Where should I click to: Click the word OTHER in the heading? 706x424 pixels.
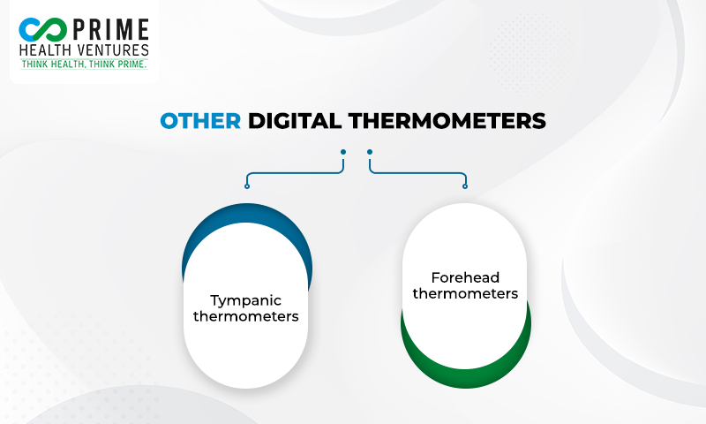point(200,121)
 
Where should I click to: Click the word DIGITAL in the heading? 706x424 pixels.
point(295,121)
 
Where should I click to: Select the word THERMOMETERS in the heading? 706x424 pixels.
point(447,121)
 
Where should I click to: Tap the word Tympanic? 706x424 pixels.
point(246,301)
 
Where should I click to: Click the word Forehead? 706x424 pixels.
point(465,277)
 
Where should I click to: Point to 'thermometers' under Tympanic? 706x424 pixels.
point(246,316)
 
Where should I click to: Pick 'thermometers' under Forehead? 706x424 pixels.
point(465,293)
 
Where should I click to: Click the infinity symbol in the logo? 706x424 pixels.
point(42,30)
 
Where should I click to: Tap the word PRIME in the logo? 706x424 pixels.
point(111,30)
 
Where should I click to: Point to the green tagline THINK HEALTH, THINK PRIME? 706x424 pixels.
point(84,64)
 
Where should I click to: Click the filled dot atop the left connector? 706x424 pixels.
point(343,152)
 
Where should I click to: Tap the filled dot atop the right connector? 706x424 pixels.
point(370,152)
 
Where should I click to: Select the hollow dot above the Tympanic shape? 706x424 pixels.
point(247,186)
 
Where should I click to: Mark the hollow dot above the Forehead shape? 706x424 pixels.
point(465,186)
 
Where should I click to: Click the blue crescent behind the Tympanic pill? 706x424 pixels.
point(247,213)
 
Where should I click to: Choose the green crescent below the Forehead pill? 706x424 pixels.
point(466,377)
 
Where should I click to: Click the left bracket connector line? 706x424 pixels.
point(295,173)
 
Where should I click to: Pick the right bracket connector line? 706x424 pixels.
point(417,173)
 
